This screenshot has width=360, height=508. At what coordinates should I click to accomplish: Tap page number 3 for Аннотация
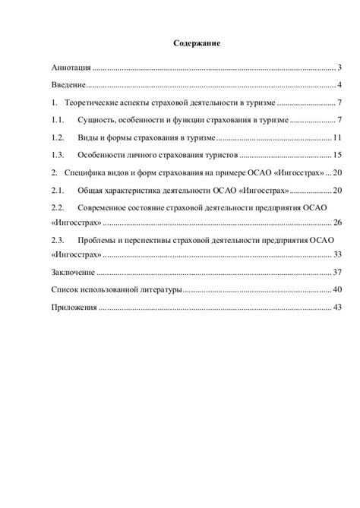(x=341, y=68)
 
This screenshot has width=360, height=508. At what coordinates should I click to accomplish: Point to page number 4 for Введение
(x=341, y=84)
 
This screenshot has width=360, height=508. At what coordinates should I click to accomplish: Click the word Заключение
(x=74, y=272)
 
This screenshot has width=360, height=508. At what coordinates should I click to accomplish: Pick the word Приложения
(x=74, y=308)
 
